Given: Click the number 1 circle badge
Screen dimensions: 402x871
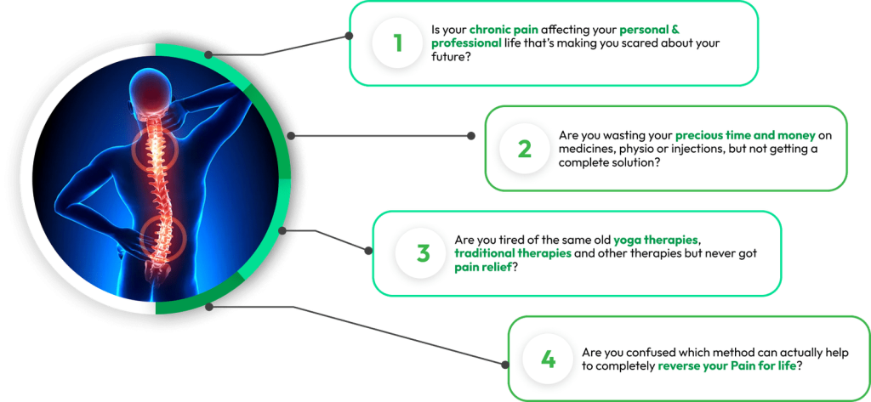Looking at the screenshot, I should click(x=397, y=43).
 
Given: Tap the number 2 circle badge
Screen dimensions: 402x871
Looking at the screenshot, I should click(x=524, y=149).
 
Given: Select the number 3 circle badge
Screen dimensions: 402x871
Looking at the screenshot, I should click(x=423, y=253).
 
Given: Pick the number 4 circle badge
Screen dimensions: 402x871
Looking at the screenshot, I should click(x=548, y=359).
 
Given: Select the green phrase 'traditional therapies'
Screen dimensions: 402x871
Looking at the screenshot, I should click(x=512, y=253).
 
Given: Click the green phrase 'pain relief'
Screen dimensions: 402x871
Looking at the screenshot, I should click(x=483, y=268).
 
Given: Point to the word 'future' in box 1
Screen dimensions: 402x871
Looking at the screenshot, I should click(x=447, y=57).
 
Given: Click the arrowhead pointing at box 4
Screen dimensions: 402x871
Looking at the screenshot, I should click(x=504, y=363).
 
